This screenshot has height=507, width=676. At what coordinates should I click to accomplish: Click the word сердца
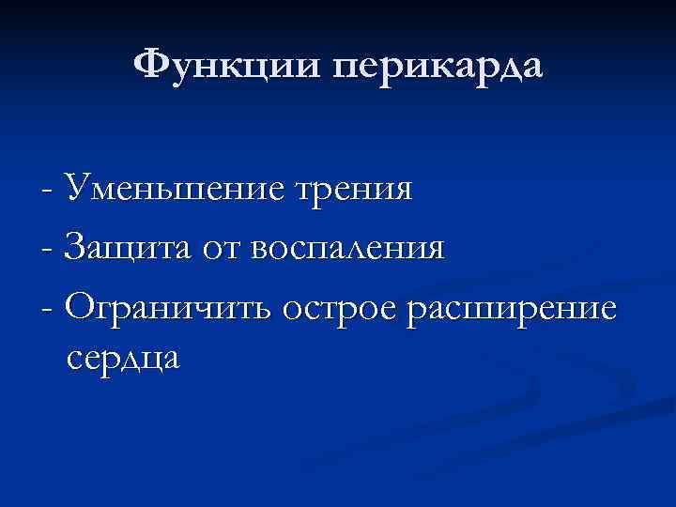[124, 360]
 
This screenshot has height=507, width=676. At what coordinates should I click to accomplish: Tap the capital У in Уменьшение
[74, 189]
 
